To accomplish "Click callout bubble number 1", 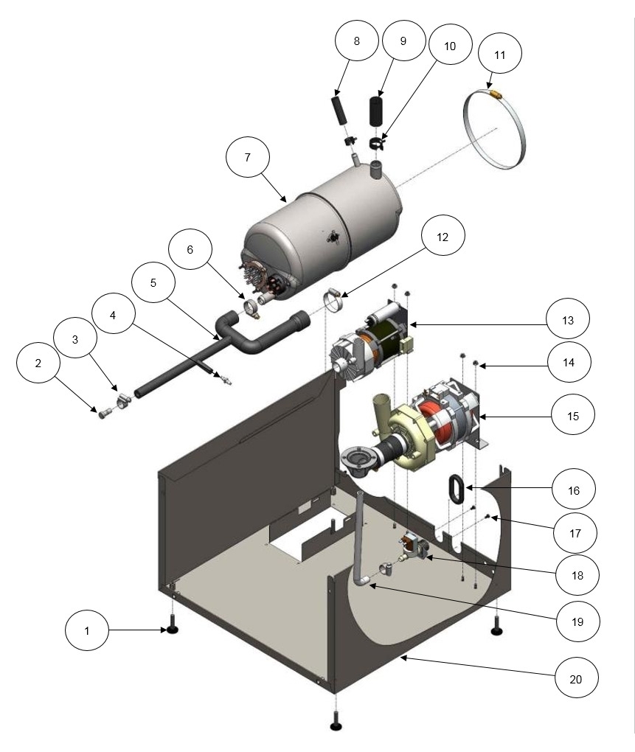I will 87,631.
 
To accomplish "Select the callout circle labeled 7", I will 248,158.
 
